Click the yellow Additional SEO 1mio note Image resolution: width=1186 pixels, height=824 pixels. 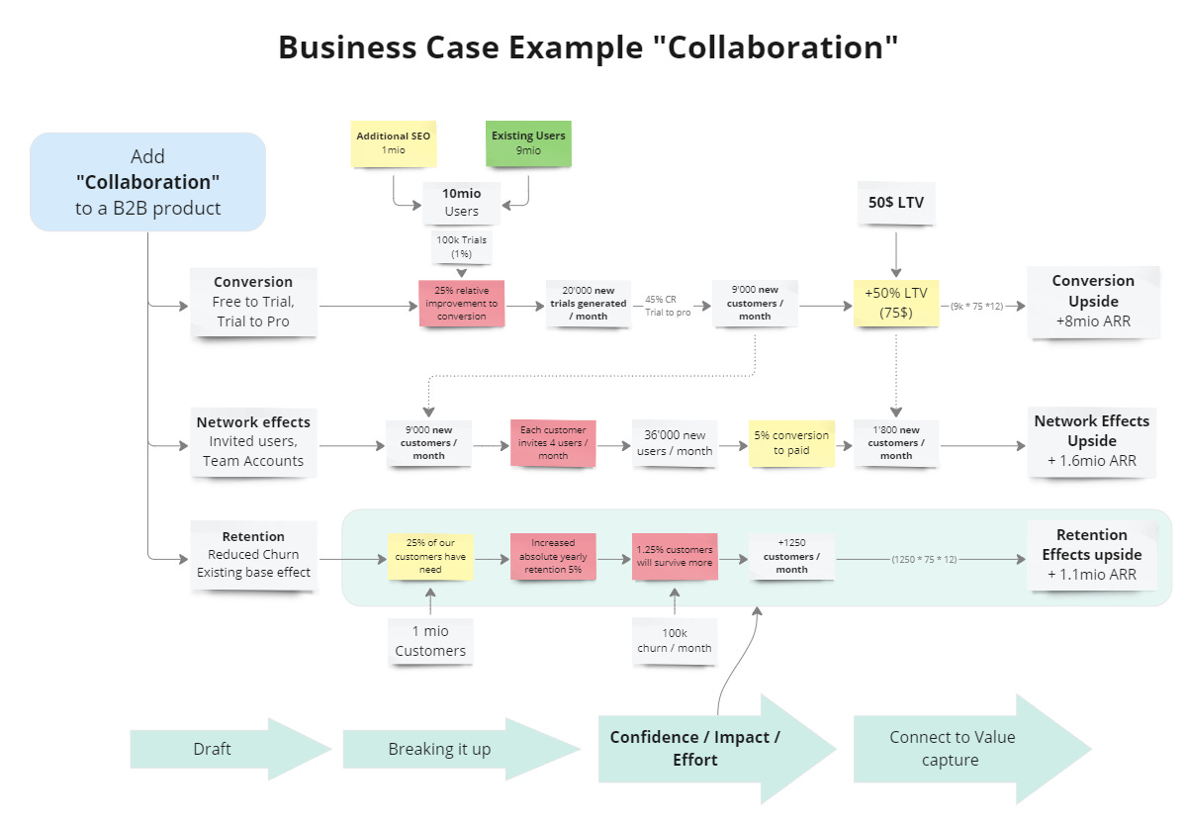tap(393, 143)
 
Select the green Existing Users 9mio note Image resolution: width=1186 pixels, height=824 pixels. tap(528, 143)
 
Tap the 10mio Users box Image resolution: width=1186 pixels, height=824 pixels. tap(461, 203)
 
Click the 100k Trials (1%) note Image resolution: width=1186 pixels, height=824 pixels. tap(461, 247)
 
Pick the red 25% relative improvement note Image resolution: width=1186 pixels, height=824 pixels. tap(461, 303)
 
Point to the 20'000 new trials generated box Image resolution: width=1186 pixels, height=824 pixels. tap(589, 303)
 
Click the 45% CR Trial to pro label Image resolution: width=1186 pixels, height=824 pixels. tap(668, 306)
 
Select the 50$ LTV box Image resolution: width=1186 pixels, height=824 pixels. tap(895, 202)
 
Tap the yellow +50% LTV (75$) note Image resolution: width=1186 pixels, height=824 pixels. tap(895, 303)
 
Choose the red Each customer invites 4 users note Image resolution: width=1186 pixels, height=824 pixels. tap(552, 443)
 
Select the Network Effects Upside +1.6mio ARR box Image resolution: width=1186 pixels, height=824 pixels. tap(1092, 441)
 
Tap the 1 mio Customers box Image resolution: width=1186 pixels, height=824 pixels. tap(430, 641)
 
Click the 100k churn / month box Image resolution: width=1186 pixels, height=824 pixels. tap(674, 641)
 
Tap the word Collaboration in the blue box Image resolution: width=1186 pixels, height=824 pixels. tap(147, 182)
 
